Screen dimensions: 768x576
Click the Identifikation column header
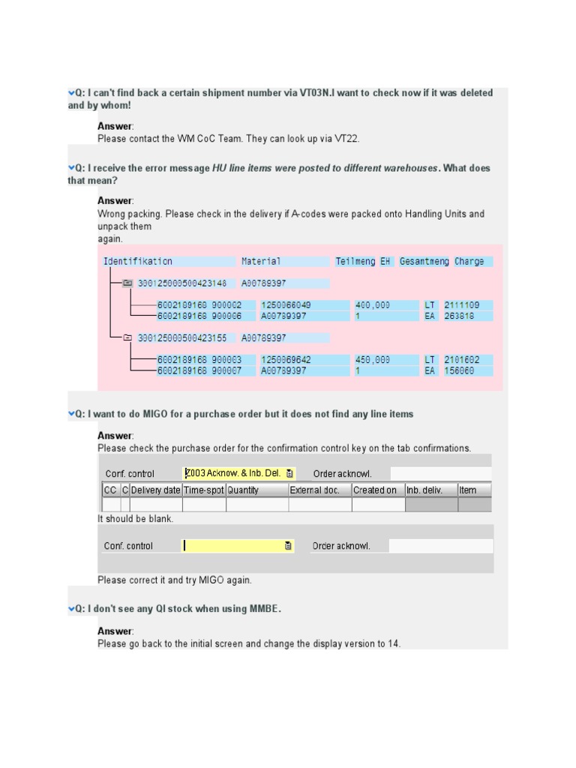tap(138, 262)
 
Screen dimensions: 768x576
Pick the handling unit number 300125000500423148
tap(182, 283)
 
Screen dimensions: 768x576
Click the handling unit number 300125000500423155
tap(182, 338)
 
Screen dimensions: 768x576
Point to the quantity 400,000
tap(373, 305)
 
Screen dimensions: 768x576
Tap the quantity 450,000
tap(373, 360)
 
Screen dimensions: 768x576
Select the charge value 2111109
tap(462, 305)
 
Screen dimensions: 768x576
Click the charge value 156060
tap(459, 370)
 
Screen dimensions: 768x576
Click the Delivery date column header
tap(156, 490)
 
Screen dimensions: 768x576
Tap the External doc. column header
tap(319, 490)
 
